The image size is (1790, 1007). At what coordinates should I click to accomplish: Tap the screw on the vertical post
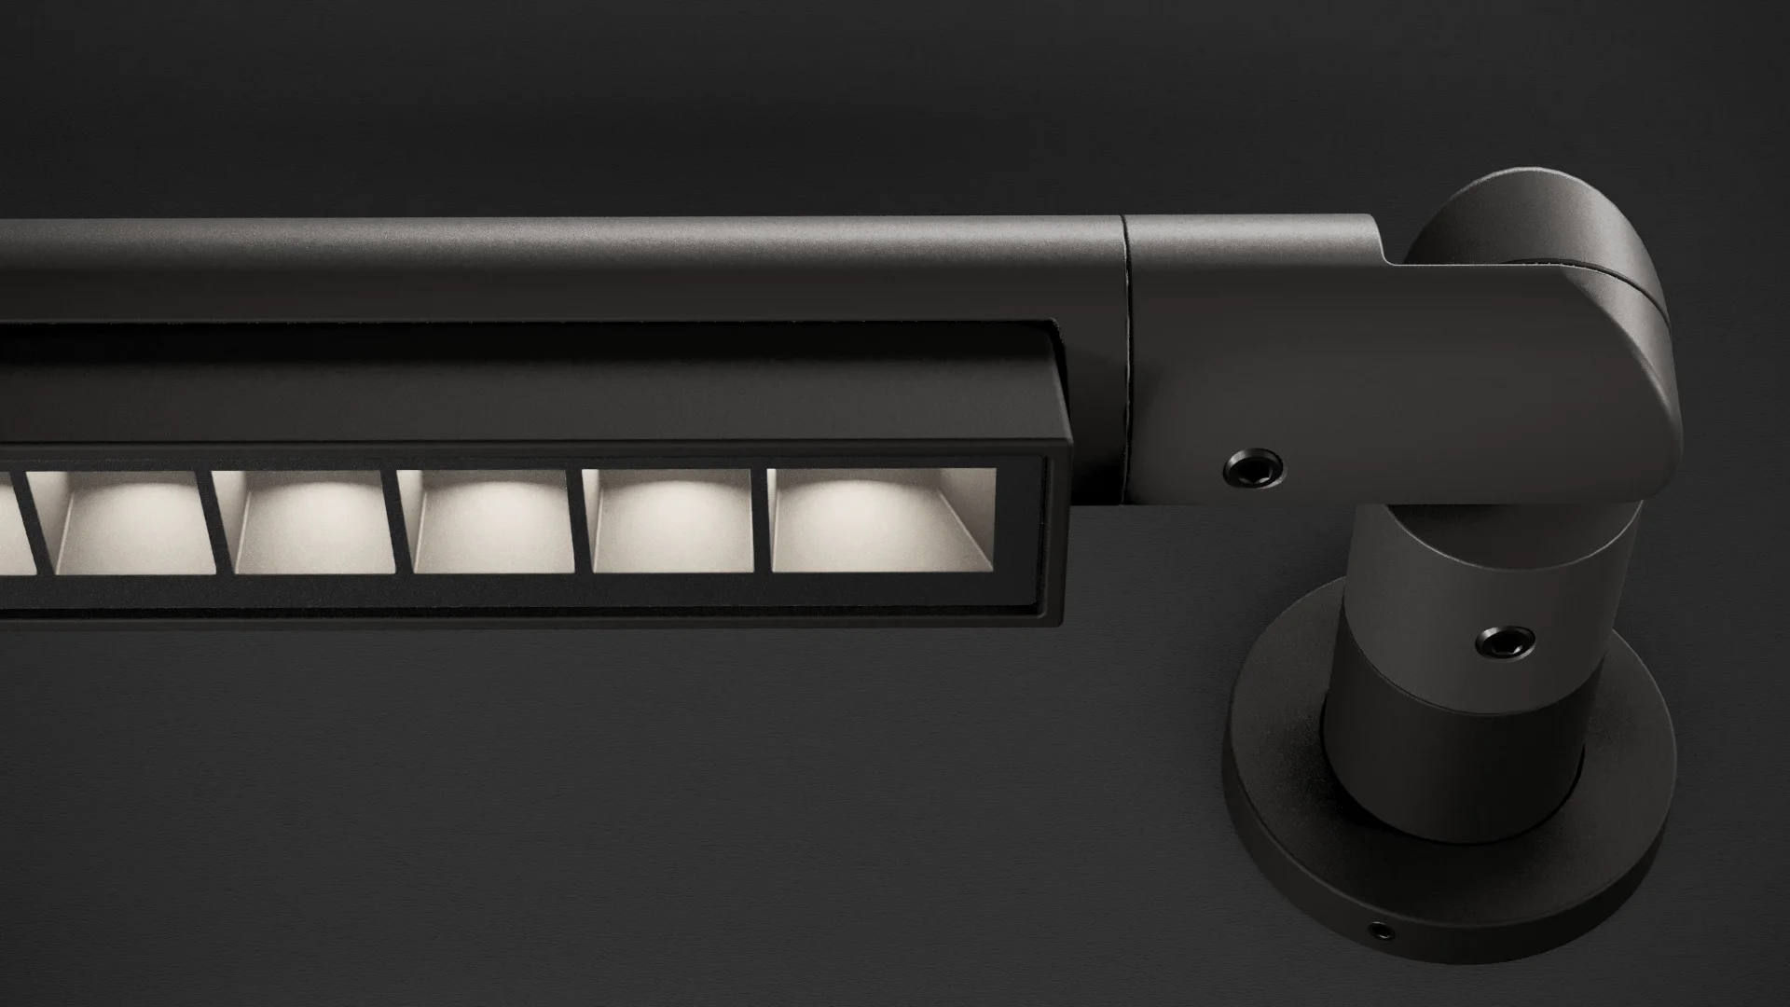coord(1506,641)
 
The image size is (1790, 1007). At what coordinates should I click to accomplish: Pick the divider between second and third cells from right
coord(580,521)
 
